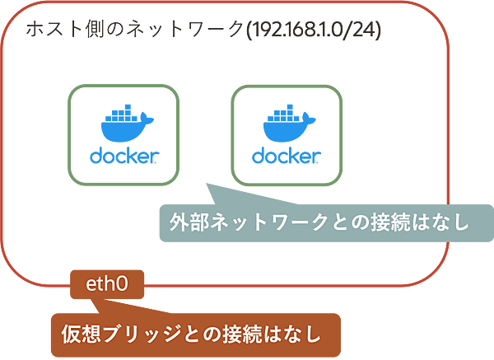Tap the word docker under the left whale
(123, 157)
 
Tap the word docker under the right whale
(285, 157)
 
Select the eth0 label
(107, 286)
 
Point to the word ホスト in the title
(50, 31)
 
